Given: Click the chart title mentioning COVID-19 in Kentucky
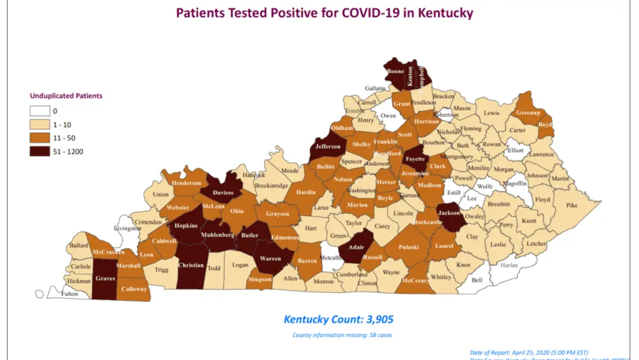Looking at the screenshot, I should coord(324,13).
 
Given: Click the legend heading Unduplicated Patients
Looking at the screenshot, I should coord(66,96).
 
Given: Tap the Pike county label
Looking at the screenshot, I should coord(571,205).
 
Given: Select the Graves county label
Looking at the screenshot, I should coord(105,278).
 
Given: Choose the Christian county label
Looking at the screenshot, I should coord(192,264).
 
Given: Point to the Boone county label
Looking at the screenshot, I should coord(395,72).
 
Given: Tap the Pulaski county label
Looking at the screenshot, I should coord(410,247).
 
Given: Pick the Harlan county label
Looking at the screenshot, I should coord(509,265).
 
